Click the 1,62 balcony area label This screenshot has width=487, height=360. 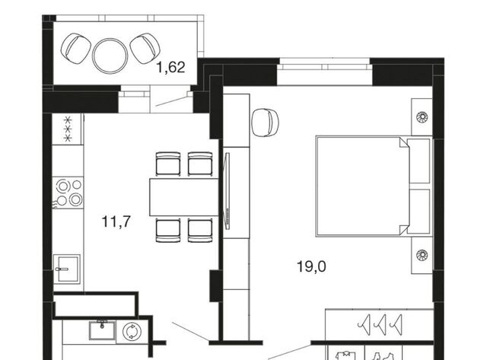point(170,68)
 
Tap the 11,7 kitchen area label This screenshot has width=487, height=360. point(116,221)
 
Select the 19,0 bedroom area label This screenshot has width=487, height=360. point(311,266)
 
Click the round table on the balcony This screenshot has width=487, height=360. point(110,56)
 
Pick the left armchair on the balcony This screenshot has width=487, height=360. point(75,49)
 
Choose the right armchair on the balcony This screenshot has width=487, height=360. point(145,49)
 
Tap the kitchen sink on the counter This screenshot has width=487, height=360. point(67,269)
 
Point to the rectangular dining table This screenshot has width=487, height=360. point(184,197)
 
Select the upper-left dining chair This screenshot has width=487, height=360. point(168,164)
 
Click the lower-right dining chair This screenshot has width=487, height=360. point(200,230)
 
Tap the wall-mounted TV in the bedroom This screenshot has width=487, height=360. point(227,191)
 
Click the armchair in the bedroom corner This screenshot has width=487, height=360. point(265,123)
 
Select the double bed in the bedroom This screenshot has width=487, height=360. point(374,186)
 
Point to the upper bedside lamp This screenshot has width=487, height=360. point(422,117)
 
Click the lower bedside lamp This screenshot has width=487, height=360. point(422,255)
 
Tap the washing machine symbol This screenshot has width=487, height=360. point(132,332)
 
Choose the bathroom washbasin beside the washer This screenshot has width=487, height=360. point(102,330)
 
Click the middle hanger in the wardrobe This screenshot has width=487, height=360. point(380,324)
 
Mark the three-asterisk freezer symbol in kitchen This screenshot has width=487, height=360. point(68,129)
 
